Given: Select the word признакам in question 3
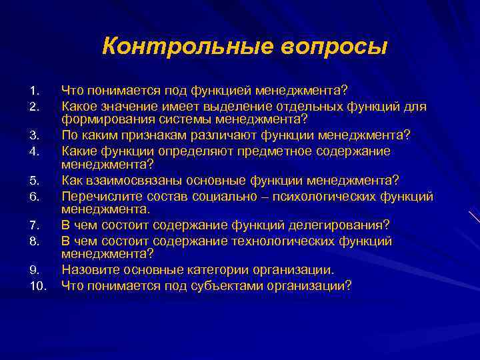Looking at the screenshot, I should pos(147,135).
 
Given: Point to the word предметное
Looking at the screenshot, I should pos(283,151).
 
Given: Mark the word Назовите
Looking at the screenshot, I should pos(88,271).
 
